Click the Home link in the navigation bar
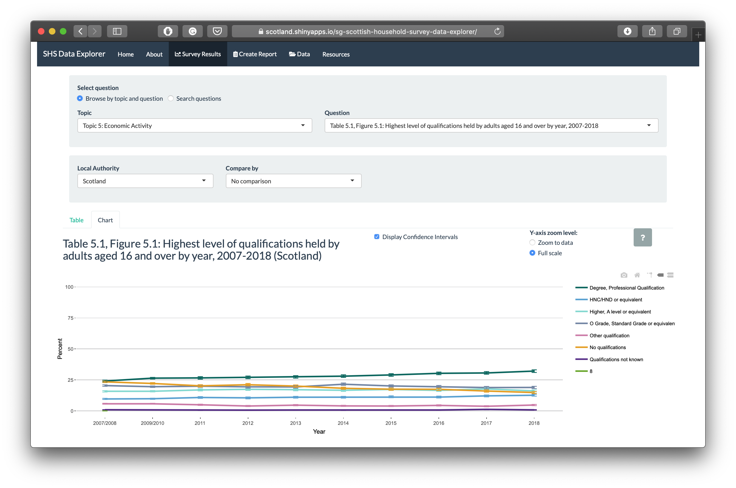click(125, 54)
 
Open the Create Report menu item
click(255, 54)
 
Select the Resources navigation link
click(336, 54)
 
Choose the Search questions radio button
click(170, 98)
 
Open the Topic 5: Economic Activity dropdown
click(195, 125)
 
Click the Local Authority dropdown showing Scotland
click(145, 181)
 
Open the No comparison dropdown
click(293, 181)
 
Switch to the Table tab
click(76, 220)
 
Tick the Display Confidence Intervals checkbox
click(377, 237)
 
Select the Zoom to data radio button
click(532, 242)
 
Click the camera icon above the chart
click(624, 275)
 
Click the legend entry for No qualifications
click(608, 347)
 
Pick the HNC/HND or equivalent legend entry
click(616, 300)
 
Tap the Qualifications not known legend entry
click(616, 360)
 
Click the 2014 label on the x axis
click(343, 423)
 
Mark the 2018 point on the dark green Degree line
click(534, 371)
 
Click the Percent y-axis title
click(60, 349)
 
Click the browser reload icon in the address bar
click(497, 31)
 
